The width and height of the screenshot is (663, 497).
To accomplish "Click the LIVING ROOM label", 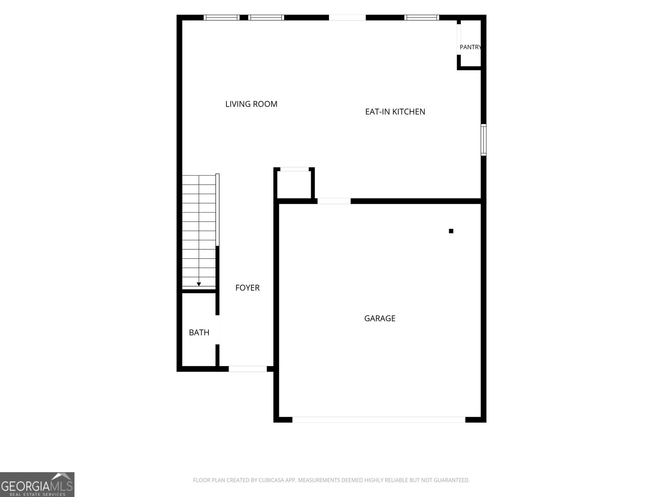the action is pyautogui.click(x=251, y=104).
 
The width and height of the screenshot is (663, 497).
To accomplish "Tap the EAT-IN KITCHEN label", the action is pyautogui.click(x=395, y=112).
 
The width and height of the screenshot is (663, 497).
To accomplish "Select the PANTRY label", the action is pyautogui.click(x=470, y=47).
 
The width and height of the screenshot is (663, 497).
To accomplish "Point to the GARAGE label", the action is pyautogui.click(x=380, y=318).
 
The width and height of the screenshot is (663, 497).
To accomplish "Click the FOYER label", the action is pyautogui.click(x=247, y=288).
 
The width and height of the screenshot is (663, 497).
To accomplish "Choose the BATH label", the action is pyautogui.click(x=199, y=333).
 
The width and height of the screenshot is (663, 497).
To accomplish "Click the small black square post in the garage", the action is pyautogui.click(x=451, y=231).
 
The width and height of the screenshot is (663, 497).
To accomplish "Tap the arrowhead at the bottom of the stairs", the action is pyautogui.click(x=199, y=284).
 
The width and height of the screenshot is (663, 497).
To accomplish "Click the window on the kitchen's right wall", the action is pyautogui.click(x=484, y=140).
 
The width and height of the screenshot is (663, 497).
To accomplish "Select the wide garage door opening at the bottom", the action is pyautogui.click(x=379, y=420).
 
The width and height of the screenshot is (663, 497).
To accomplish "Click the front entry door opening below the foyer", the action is pyautogui.click(x=248, y=369).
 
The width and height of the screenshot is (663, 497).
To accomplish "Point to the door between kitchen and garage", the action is pyautogui.click(x=334, y=201).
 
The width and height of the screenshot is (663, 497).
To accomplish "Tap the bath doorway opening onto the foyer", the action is pyautogui.click(x=218, y=330).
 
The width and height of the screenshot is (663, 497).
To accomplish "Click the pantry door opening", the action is pyautogui.click(x=459, y=39).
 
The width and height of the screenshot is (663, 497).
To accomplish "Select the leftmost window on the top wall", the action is pyautogui.click(x=221, y=17).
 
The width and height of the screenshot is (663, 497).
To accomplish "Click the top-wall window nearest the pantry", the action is pyautogui.click(x=422, y=17).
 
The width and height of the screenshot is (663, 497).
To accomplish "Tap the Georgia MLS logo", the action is pyautogui.click(x=37, y=485).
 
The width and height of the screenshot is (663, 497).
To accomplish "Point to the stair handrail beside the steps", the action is pyautogui.click(x=218, y=210).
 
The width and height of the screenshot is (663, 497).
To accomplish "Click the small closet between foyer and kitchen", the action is pyautogui.click(x=295, y=184).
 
